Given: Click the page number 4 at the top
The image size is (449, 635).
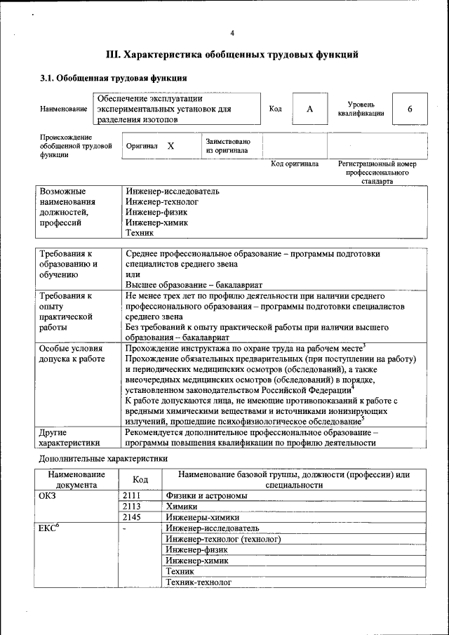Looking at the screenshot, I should pos(232,34).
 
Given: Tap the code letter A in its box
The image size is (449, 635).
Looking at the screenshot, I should pos(310,109).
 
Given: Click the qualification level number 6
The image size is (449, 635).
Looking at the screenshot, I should pos(410,109).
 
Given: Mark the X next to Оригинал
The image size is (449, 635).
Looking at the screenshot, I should pos(170,146).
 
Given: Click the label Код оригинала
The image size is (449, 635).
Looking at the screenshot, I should pos(295,164).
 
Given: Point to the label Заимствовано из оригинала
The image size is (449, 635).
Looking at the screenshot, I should pos(228,146).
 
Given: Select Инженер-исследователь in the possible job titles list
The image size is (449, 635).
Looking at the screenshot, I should pos(173,191).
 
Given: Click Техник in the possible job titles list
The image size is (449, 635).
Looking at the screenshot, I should pos(140,233).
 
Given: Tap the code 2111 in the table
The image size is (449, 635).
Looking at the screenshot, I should pos(132,495).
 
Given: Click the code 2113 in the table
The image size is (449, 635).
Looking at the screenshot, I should pos(132,506).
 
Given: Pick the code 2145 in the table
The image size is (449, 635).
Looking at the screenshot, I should pos(132,517).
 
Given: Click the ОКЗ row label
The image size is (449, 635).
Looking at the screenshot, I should pos(48,495).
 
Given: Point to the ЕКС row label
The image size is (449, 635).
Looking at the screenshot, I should pos(49,528).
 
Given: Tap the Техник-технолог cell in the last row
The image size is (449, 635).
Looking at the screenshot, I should pos(199,582).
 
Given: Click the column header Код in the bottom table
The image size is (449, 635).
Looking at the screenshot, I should pos(140,479).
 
